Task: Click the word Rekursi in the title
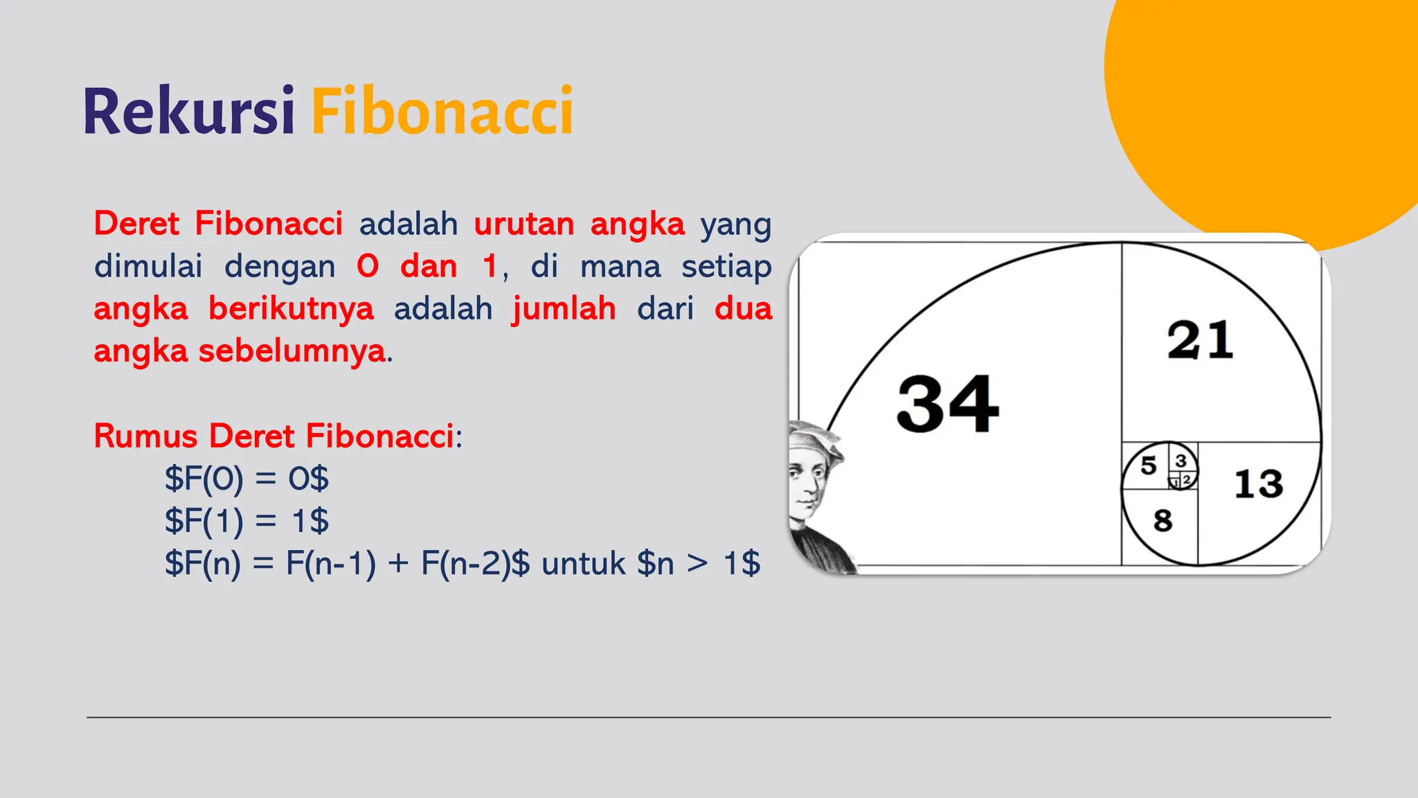point(189,111)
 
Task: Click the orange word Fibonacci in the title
point(442,111)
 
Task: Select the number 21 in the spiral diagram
point(1200,340)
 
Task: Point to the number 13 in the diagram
point(1258,484)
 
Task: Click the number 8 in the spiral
point(1163,520)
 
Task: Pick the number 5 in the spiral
point(1149,465)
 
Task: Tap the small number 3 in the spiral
point(1181,461)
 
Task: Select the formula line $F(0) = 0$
point(246,479)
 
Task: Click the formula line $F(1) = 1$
point(246,521)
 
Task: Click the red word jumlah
point(564,309)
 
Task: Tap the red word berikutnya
point(291,309)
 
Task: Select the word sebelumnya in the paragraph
point(291,351)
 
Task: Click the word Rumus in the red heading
point(145,436)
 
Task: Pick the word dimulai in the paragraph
point(148,267)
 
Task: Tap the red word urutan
point(524,224)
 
